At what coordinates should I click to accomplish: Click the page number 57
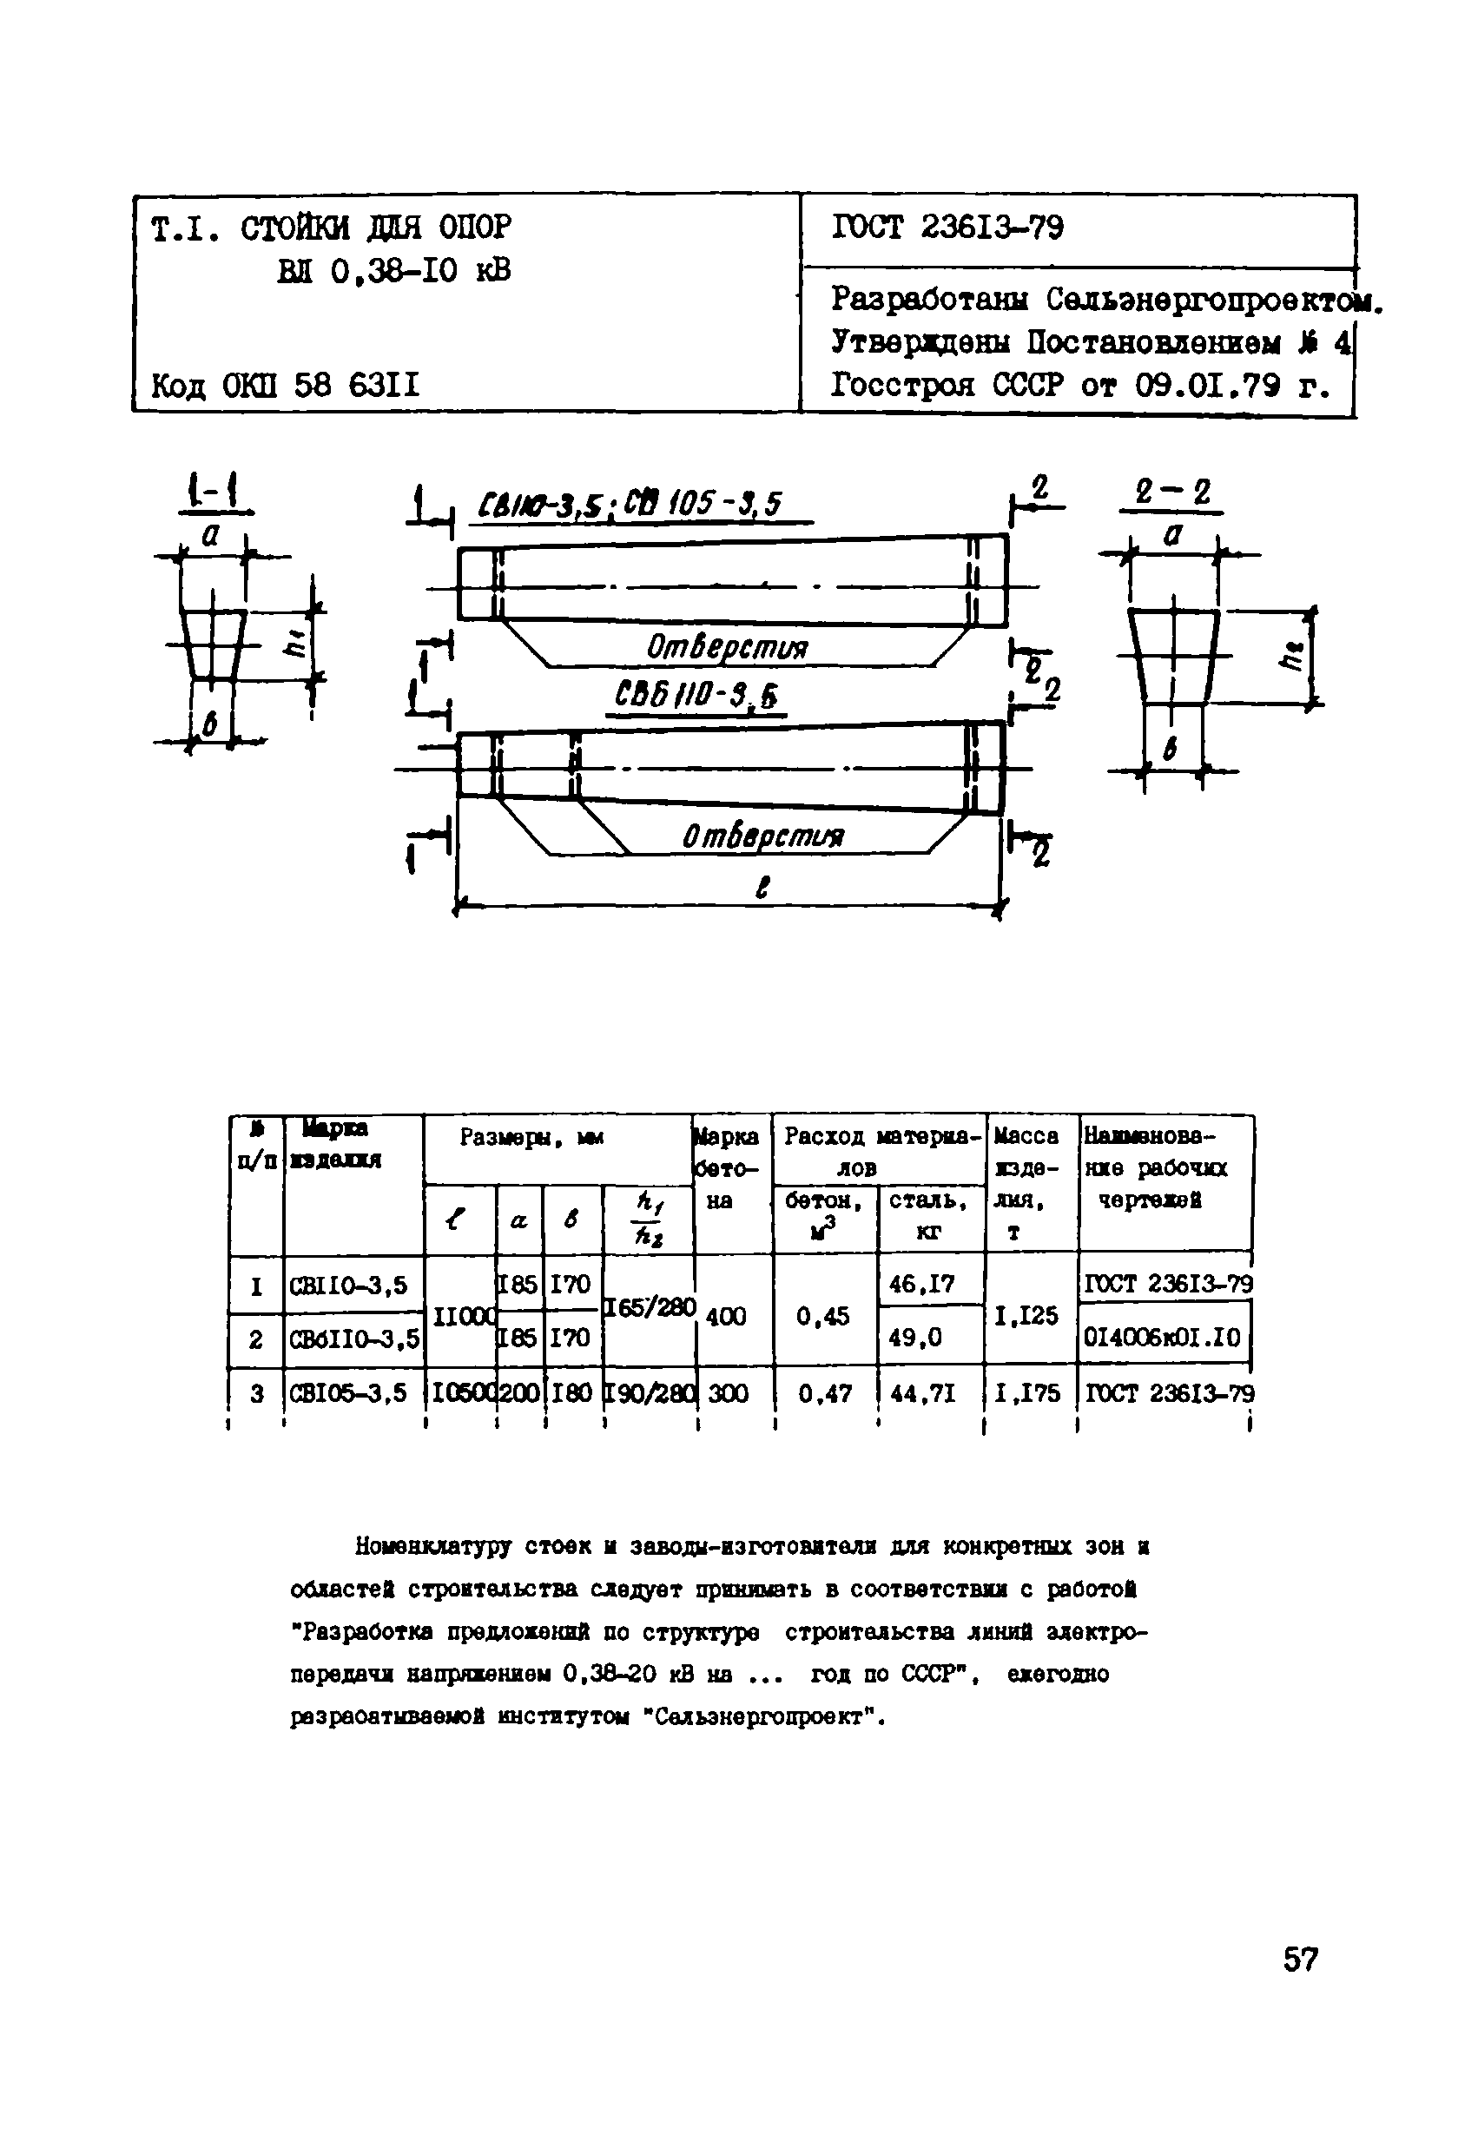(1300, 1959)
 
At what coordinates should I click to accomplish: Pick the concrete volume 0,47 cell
(824, 1392)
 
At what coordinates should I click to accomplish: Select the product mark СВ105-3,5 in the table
(348, 1392)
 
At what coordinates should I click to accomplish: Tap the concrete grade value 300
(728, 1392)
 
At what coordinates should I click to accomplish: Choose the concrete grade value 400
(725, 1315)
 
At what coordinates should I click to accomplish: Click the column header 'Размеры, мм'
(532, 1137)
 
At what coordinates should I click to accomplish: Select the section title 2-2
(1172, 492)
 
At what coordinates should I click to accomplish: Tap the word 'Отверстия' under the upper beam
(727, 646)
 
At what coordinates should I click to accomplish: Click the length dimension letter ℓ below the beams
(762, 888)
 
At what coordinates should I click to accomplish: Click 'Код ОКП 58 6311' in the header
(286, 384)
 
